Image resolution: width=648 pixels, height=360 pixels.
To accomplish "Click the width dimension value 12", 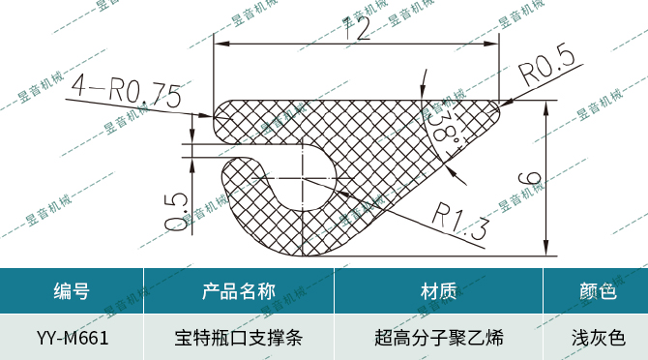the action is click(357, 30).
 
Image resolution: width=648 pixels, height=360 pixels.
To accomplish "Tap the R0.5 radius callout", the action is click(546, 69).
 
